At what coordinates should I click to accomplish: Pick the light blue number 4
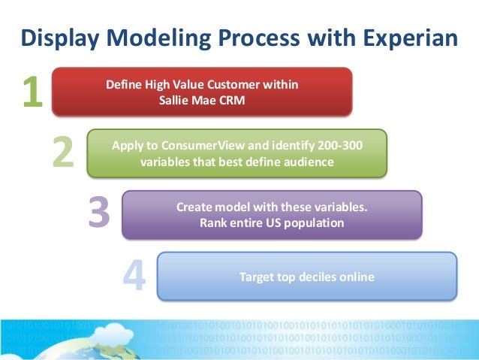click(x=134, y=277)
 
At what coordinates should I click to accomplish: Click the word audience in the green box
click(x=304, y=162)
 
